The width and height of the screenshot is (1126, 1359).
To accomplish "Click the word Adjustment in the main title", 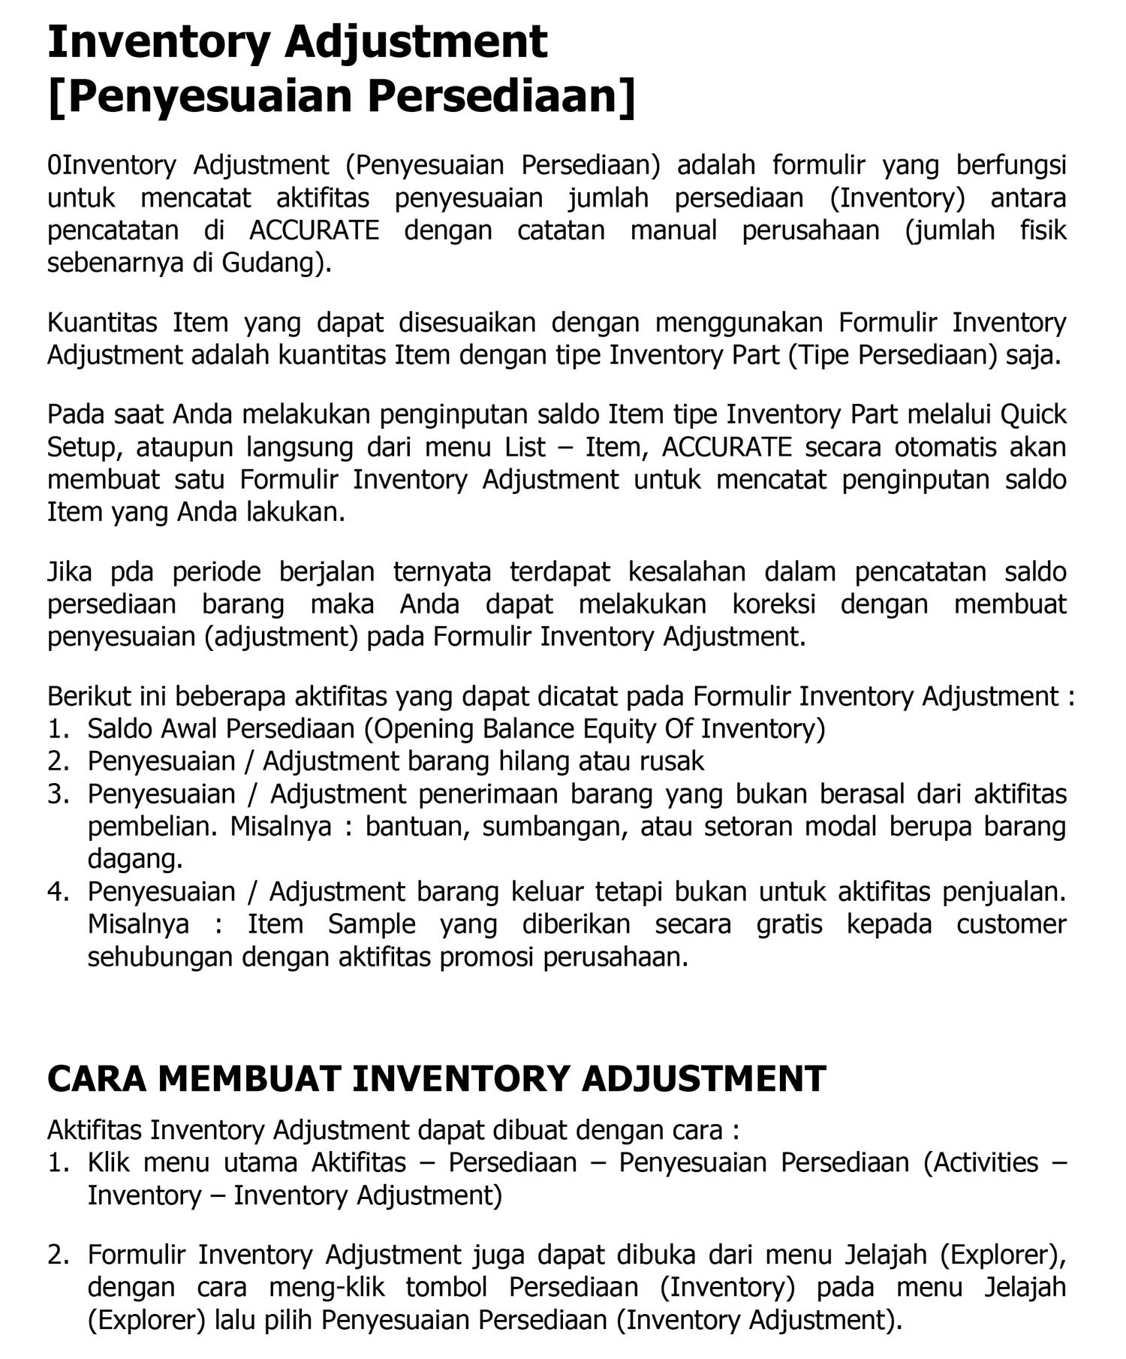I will (x=416, y=42).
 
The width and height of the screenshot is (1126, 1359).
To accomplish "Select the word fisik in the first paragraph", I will (x=1043, y=230).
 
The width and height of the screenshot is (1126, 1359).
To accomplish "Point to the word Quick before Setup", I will (x=1034, y=414).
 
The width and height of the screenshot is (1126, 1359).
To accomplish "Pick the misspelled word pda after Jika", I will (x=132, y=572).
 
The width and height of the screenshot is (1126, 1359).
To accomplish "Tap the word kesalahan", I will (x=687, y=572).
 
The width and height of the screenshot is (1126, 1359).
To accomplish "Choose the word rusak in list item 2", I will (x=672, y=761).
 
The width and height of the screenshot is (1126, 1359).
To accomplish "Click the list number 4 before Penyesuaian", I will (x=57, y=892).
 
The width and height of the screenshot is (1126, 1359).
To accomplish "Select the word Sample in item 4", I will (x=372, y=924).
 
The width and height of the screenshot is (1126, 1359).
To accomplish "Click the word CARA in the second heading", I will (x=97, y=1079).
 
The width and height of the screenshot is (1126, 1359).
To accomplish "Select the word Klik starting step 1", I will (x=108, y=1163).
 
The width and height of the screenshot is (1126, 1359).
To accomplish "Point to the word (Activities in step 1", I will (x=981, y=1163).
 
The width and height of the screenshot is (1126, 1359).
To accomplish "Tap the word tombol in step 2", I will (x=446, y=1287).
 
